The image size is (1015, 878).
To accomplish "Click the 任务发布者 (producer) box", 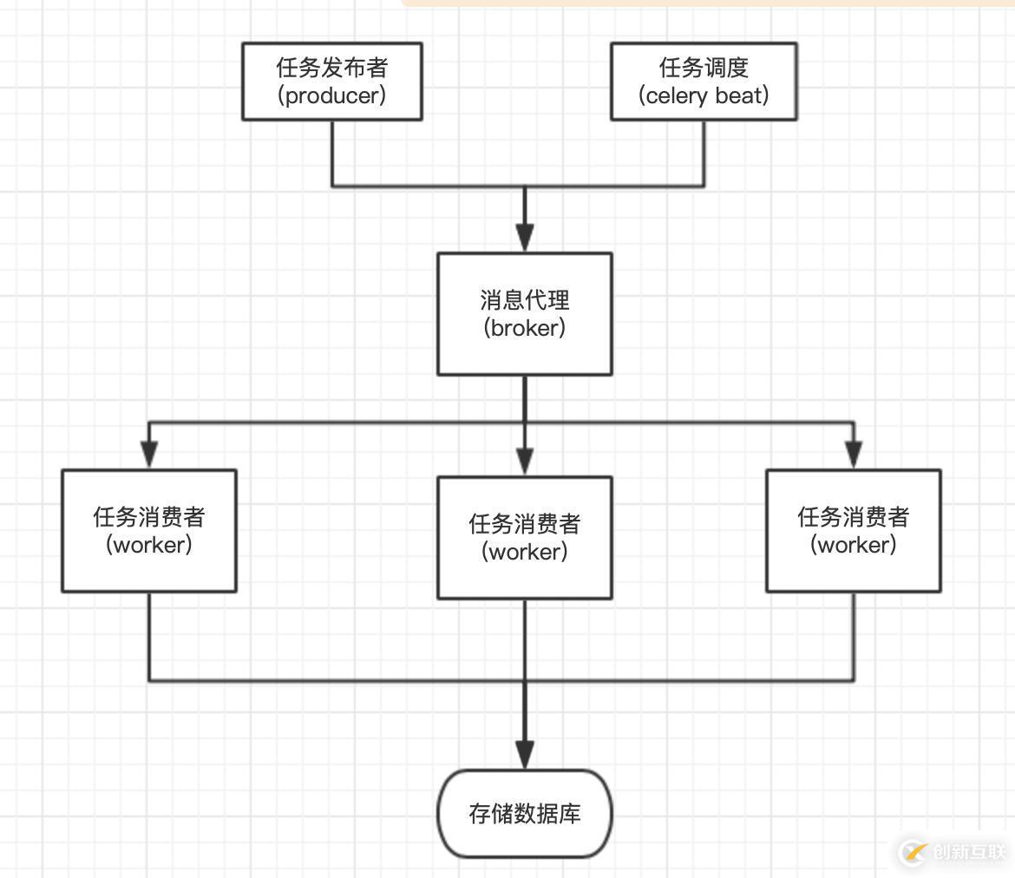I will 331,82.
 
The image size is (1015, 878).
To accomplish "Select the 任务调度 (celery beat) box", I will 704,82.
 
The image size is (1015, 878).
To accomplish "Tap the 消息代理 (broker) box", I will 524,314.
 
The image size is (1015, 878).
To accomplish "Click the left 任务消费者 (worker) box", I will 149,531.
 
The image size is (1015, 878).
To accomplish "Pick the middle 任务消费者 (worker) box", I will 524,537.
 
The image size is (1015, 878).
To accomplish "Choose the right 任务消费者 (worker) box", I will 854,531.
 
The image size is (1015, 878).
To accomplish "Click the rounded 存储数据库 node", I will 524,813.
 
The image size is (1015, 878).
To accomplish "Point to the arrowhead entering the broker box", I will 524,237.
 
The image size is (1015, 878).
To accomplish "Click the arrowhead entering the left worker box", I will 149,454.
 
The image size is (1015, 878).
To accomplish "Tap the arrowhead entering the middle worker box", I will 524,460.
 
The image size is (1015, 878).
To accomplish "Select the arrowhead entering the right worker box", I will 854,454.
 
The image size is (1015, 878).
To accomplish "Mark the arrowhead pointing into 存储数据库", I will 524,753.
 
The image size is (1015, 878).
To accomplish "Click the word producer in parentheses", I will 331,95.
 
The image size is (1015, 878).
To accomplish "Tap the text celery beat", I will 704,95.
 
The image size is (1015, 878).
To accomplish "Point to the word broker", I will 524,328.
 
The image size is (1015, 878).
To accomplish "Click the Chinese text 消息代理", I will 524,300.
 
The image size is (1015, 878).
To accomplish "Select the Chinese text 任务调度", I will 704,67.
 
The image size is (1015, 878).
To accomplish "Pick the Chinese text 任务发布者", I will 331,67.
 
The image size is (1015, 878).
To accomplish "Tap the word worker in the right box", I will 854,545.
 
